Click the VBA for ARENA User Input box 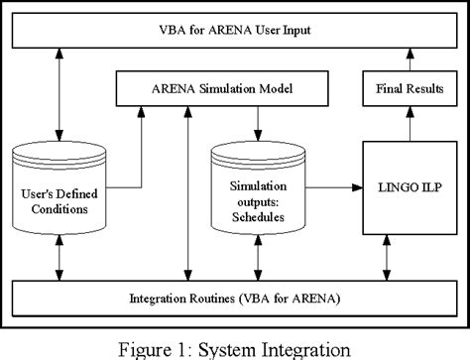coord(234,30)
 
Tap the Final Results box coord(410,90)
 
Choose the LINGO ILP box coord(410,186)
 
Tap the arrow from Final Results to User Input coord(410,60)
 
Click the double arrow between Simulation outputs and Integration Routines coord(258,258)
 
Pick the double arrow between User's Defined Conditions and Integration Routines coord(60,258)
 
